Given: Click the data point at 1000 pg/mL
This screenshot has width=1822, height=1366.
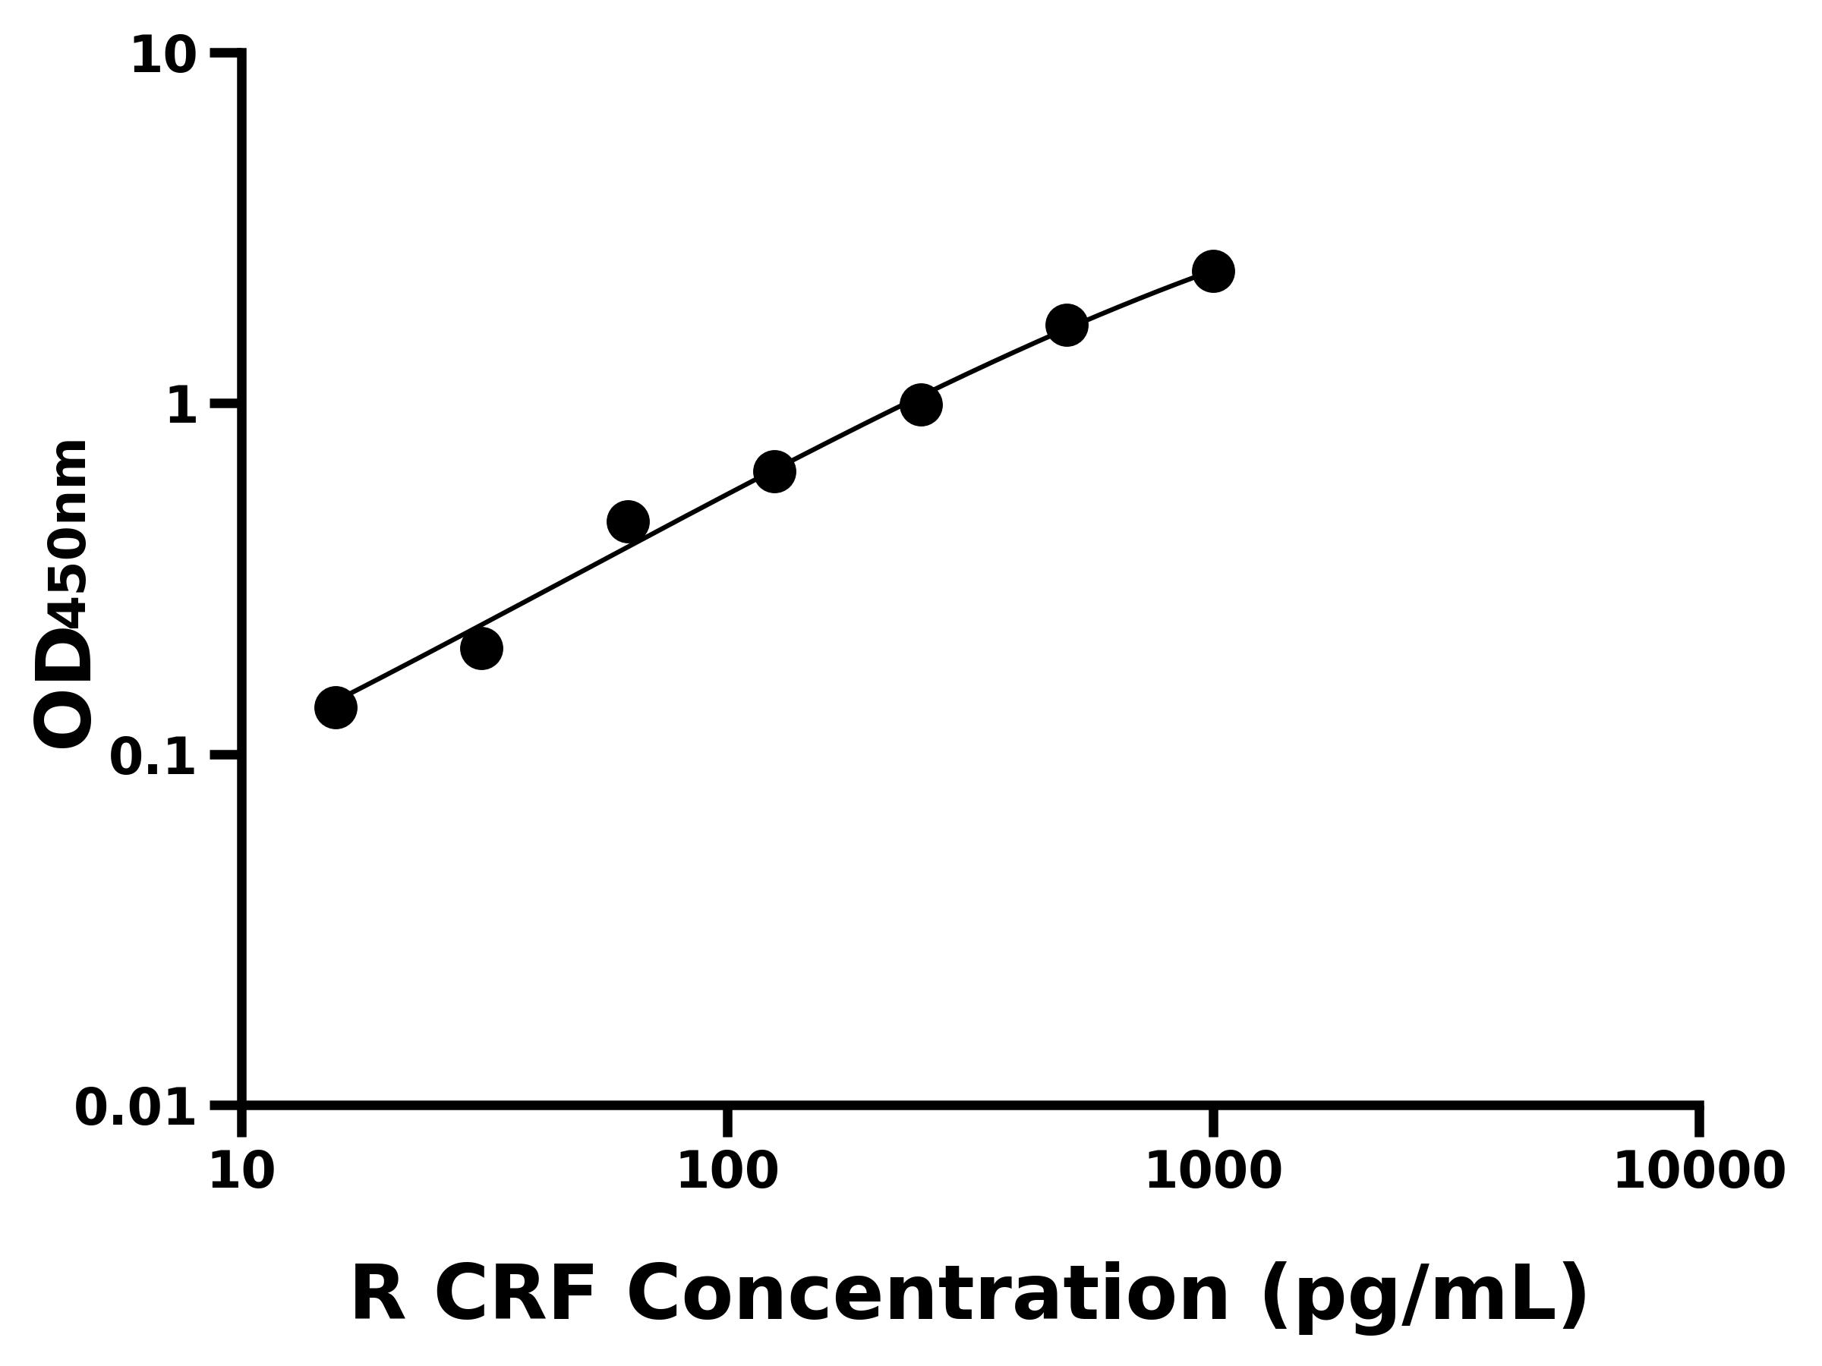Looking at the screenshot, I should (x=1212, y=271).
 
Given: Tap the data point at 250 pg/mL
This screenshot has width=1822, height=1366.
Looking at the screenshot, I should (x=921, y=405).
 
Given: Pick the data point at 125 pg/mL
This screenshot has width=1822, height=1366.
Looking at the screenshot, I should (x=774, y=471).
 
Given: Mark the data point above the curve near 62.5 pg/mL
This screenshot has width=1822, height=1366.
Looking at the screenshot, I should (x=628, y=521).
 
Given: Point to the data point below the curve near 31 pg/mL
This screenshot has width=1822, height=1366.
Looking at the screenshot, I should (x=481, y=648).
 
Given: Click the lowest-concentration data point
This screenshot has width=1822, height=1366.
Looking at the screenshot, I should (x=336, y=707).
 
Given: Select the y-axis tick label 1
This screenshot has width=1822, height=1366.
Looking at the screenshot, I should (x=182, y=408).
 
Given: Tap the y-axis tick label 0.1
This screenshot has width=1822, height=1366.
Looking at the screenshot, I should (x=153, y=758).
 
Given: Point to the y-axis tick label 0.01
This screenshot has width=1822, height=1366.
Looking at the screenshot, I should (x=136, y=1109).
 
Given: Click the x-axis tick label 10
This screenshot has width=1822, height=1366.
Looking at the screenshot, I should (x=241, y=1172).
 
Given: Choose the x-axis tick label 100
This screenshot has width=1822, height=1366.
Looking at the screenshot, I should (x=727, y=1172).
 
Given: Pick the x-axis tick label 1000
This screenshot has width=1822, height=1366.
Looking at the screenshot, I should (x=1213, y=1172).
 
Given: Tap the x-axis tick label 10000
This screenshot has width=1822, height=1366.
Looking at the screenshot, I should (x=1699, y=1172).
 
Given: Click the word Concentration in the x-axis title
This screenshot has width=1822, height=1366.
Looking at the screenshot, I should (x=928, y=1295).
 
